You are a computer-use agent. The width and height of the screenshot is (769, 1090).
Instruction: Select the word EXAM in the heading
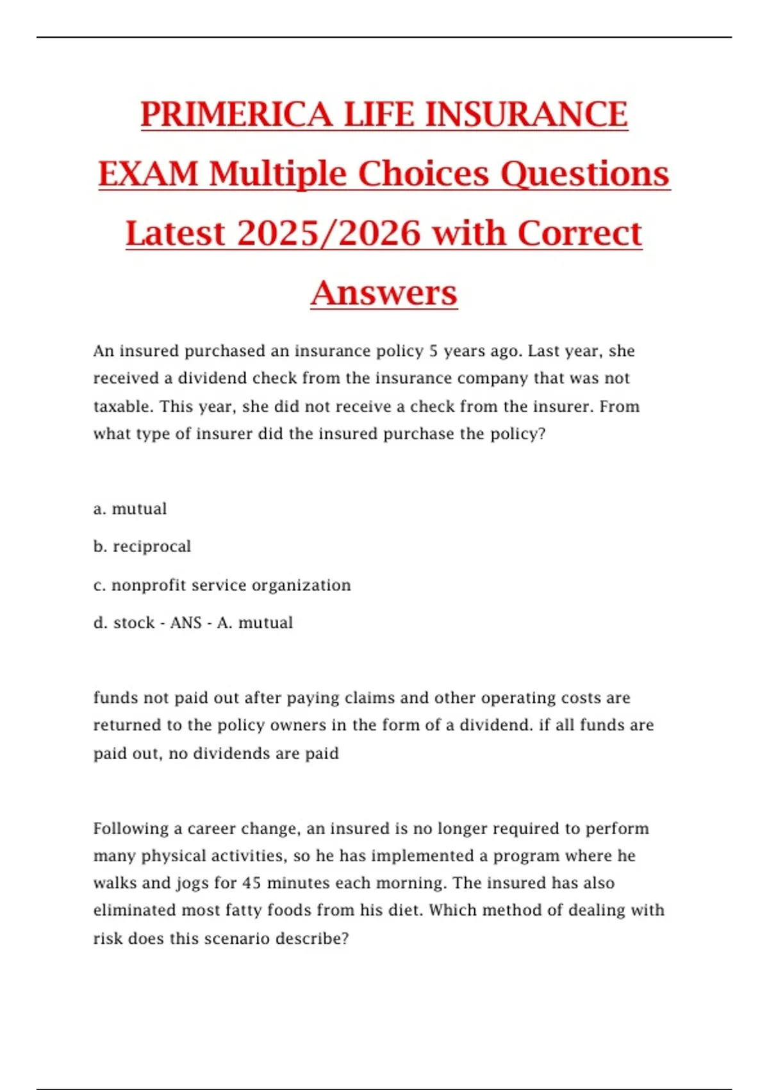[148, 174]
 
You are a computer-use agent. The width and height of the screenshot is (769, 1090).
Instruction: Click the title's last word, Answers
[384, 293]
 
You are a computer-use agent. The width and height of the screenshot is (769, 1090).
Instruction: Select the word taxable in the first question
[122, 407]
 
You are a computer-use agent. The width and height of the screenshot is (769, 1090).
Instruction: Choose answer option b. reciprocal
[142, 546]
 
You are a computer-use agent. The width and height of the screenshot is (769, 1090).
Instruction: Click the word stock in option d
[134, 623]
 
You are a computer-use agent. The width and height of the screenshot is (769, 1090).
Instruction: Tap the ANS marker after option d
[186, 623]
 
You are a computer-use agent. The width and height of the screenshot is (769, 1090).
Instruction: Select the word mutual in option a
[139, 508]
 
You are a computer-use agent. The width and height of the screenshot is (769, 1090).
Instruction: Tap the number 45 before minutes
[251, 884]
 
